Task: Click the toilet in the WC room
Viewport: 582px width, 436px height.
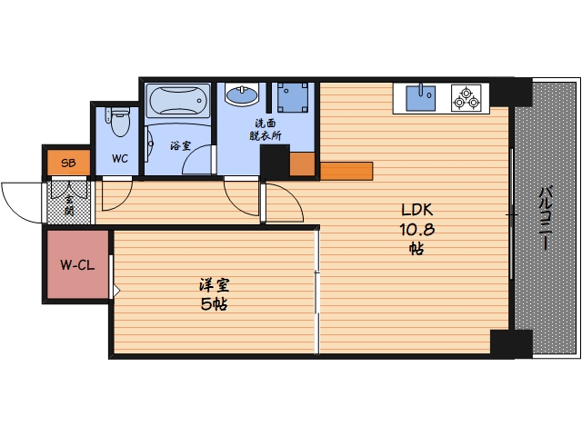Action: pos(119,121)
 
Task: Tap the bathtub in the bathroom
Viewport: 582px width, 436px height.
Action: pos(178,100)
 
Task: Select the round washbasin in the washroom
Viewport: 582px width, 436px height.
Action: pos(242,94)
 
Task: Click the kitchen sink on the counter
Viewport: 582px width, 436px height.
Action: pos(420,98)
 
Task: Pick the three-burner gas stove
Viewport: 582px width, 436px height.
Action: pos(467,98)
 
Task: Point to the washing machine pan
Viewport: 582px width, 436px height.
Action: pos(293,97)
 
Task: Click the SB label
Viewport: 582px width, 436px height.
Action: pos(69,163)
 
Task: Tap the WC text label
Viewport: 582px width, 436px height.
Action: pos(120,159)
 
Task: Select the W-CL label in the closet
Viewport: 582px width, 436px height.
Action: pos(77,265)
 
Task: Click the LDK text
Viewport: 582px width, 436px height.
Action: pos(417,210)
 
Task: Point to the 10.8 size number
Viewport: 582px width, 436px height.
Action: pos(417,230)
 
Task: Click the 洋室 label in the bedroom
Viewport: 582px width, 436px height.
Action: pos(215,285)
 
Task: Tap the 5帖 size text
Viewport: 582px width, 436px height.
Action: pos(215,304)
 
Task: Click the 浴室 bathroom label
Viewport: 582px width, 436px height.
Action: pos(180,146)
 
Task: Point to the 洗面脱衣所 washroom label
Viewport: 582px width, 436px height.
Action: pos(265,129)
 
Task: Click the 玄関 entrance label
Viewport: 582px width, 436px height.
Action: pos(69,205)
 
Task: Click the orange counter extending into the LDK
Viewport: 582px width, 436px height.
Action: pos(346,171)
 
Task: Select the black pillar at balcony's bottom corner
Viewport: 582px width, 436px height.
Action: pos(511,344)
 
